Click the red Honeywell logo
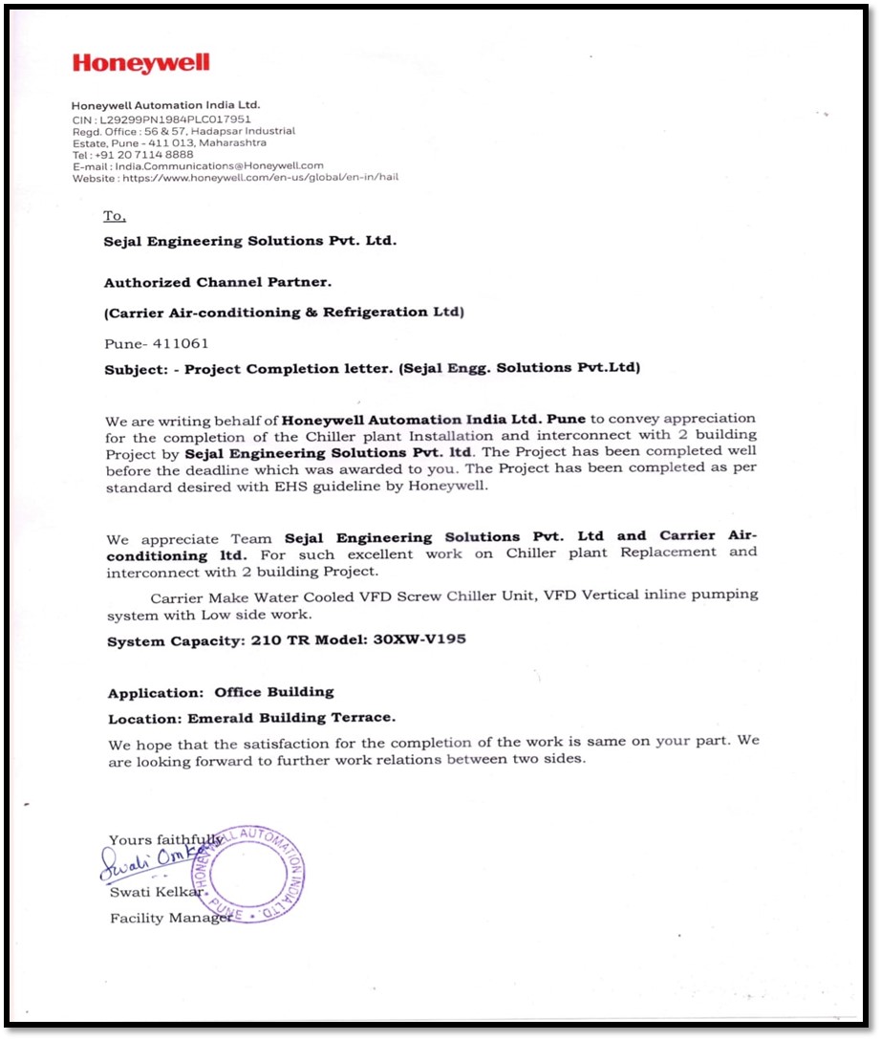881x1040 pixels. pyautogui.click(x=140, y=64)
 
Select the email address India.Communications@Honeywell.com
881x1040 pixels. pyautogui.click(x=221, y=165)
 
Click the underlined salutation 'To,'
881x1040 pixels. pyautogui.click(x=115, y=217)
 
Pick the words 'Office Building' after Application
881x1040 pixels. pyautogui.click(x=274, y=692)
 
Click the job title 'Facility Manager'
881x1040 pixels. pyautogui.click(x=170, y=919)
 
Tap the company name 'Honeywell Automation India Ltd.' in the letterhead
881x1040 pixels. pyautogui.click(x=165, y=105)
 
